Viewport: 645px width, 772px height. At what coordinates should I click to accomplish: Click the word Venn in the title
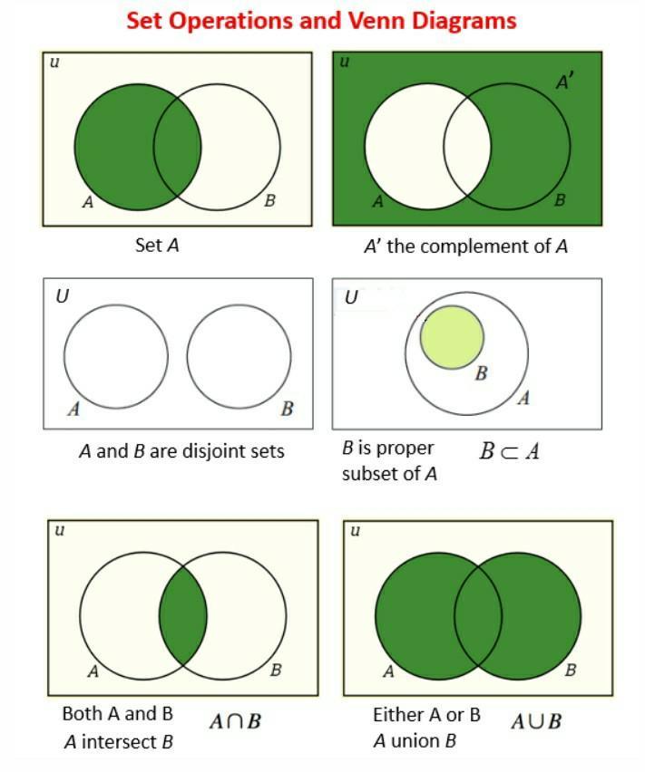pyautogui.click(x=376, y=21)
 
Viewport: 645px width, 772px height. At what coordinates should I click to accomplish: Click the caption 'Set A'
pyautogui.click(x=157, y=245)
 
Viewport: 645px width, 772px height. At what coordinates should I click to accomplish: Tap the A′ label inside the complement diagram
pyautogui.click(x=564, y=82)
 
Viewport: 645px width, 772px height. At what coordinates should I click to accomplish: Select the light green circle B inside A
pyautogui.click(x=452, y=337)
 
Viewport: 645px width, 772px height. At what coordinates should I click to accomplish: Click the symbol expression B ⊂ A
pyautogui.click(x=509, y=451)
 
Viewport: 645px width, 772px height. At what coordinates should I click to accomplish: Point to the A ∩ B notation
pyautogui.click(x=235, y=722)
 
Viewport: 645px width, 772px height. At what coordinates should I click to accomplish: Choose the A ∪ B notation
pyautogui.click(x=536, y=722)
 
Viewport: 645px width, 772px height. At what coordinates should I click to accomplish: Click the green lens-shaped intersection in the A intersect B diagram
pyautogui.click(x=183, y=616)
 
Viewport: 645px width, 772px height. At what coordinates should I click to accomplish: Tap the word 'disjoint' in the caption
pyautogui.click(x=213, y=451)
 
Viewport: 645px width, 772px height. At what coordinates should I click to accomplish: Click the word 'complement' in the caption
pyautogui.click(x=473, y=246)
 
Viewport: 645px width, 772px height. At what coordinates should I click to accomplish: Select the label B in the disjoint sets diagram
pyautogui.click(x=288, y=408)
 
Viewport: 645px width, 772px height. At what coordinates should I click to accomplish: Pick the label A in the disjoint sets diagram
pyautogui.click(x=73, y=408)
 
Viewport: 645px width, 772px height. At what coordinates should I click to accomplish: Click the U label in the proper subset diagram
pyautogui.click(x=351, y=297)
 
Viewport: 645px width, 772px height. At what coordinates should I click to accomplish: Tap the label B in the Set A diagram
pyautogui.click(x=269, y=201)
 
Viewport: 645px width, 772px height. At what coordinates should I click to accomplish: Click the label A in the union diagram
pyautogui.click(x=388, y=671)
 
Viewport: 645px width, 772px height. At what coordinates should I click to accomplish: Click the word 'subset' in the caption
pyautogui.click(x=367, y=474)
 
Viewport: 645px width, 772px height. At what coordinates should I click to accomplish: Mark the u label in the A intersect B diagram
pyautogui.click(x=59, y=531)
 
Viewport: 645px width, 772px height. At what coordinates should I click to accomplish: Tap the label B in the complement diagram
pyautogui.click(x=560, y=200)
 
